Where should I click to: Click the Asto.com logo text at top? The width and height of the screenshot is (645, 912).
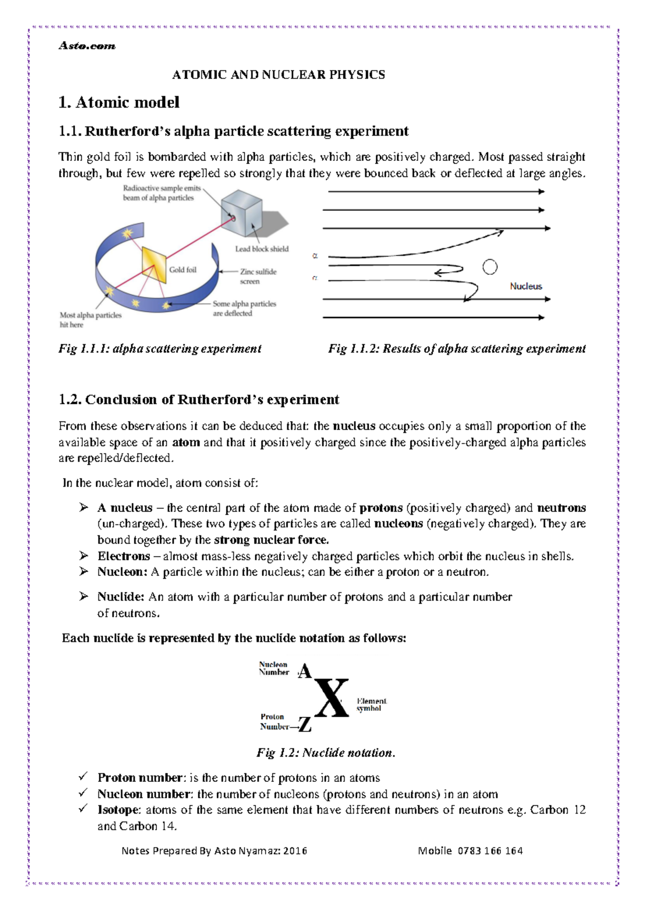pyautogui.click(x=87, y=46)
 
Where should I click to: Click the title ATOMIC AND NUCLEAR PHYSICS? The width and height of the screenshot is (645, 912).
pyautogui.click(x=278, y=75)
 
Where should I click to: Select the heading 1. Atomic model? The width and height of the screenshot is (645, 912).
pyautogui.click(x=119, y=102)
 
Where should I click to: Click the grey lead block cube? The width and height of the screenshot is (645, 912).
pyautogui.click(x=242, y=212)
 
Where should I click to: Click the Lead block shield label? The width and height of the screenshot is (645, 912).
pyautogui.click(x=262, y=249)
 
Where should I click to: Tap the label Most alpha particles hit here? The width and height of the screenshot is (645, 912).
pyautogui.click(x=90, y=320)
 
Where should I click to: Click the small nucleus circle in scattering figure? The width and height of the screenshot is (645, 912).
pyautogui.click(x=490, y=267)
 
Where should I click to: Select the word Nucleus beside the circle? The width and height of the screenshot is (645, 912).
pyautogui.click(x=526, y=287)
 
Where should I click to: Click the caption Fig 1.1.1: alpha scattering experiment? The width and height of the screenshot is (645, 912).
pyautogui.click(x=160, y=348)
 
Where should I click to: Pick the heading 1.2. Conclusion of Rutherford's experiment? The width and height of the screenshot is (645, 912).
pyautogui.click(x=198, y=400)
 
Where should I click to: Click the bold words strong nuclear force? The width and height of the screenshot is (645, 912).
pyautogui.click(x=271, y=540)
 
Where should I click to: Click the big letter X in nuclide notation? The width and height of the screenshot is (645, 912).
pyautogui.click(x=331, y=698)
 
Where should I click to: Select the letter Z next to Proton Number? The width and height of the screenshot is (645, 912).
pyautogui.click(x=305, y=725)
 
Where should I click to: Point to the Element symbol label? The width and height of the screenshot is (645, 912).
pyautogui.click(x=371, y=704)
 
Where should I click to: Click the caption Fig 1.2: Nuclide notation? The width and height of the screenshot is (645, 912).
pyautogui.click(x=326, y=753)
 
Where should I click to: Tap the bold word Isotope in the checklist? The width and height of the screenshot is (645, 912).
pyautogui.click(x=119, y=810)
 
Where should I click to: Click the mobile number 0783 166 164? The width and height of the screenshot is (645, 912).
pyautogui.click(x=490, y=851)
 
